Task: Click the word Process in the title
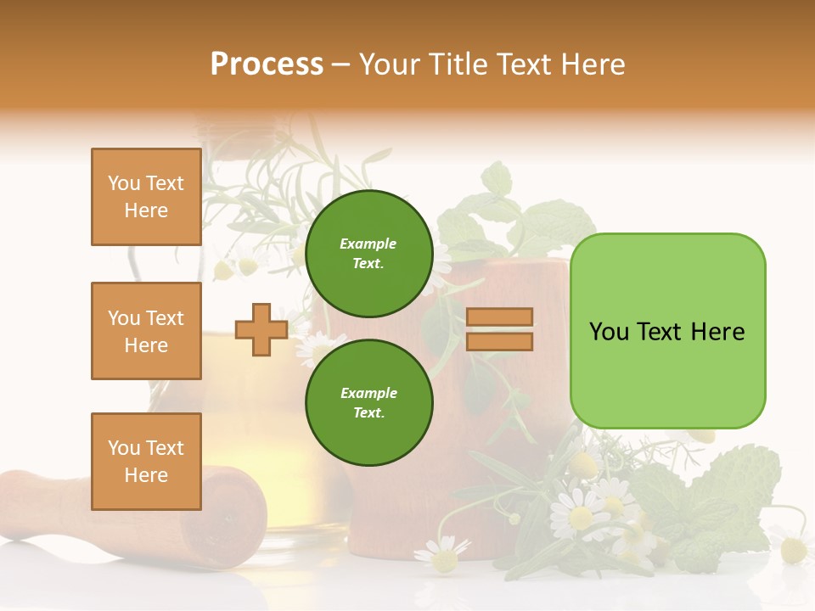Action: coord(267,64)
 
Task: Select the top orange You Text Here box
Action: coord(146,197)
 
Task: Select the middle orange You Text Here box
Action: coord(146,331)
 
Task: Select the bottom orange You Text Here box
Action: coord(146,462)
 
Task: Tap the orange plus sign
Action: coord(261,330)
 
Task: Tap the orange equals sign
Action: coord(499,329)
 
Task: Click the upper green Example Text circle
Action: coord(368,253)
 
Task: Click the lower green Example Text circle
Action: coord(368,402)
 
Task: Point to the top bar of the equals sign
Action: coord(499,317)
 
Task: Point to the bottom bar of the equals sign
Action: coord(499,341)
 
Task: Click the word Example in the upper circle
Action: coord(368,244)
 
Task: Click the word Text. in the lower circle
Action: coord(368,412)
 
